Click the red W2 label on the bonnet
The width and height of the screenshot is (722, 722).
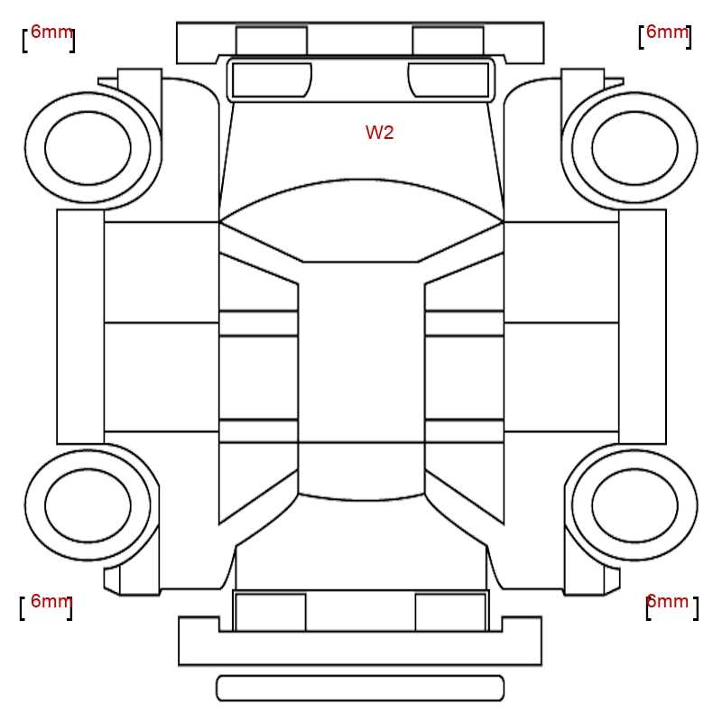pyautogui.click(x=379, y=133)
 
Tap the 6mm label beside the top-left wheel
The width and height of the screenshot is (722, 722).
pyautogui.click(x=51, y=32)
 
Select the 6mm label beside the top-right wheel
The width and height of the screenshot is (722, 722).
pyautogui.click(x=667, y=32)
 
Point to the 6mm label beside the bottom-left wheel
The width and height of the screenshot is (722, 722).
pyautogui.click(x=51, y=601)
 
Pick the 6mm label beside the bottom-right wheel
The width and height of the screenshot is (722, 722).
pyautogui.click(x=667, y=601)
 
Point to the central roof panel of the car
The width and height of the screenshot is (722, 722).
pyautogui.click(x=361, y=352)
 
